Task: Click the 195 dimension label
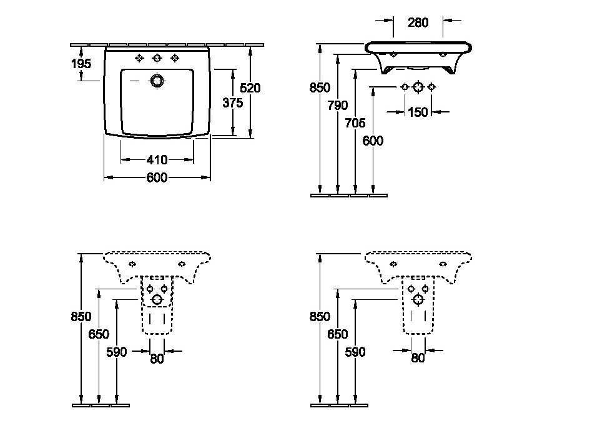81,64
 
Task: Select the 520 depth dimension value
250,88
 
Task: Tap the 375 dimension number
233,102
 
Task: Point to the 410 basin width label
157,160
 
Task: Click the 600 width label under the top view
157,177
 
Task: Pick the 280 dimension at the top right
418,22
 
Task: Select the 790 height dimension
337,105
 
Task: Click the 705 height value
355,123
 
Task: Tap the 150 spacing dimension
418,112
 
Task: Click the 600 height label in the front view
373,141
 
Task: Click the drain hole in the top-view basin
157,81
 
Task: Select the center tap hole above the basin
157,58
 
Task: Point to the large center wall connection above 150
418,87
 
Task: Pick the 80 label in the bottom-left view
157,359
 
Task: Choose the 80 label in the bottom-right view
418,358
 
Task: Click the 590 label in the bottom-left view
117,352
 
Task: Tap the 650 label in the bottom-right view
337,334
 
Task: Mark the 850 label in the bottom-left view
81,316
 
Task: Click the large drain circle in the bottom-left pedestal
157,300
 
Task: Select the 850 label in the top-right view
320,87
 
